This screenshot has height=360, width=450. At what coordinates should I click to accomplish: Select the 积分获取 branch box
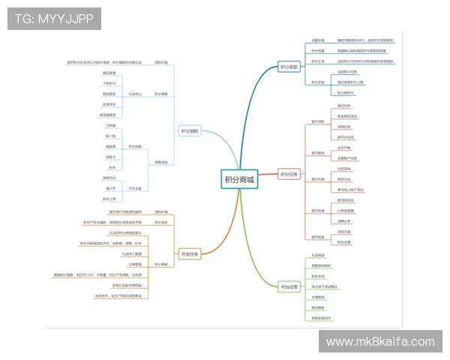[x=289, y=66]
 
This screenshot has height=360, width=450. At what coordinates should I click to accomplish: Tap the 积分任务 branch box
[x=289, y=175]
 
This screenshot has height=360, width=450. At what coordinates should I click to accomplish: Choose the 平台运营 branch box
[x=289, y=287]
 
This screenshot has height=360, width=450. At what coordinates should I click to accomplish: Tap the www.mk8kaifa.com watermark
[x=381, y=342]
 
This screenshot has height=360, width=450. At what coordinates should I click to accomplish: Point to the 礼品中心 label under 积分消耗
[x=135, y=94]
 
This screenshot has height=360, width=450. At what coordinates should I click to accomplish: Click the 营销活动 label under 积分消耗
[x=162, y=162]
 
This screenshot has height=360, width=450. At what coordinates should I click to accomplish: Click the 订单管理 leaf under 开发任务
[x=134, y=264]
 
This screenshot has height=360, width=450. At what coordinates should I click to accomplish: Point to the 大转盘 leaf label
[x=111, y=126]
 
